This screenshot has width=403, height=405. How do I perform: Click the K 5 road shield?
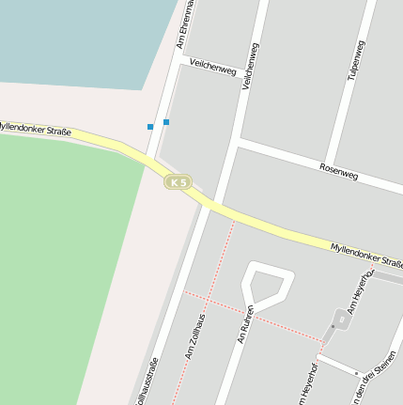(177, 180)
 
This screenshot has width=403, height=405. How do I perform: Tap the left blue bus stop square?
(149, 126)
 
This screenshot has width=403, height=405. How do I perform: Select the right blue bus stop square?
(166, 121)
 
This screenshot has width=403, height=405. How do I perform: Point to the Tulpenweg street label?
(355, 59)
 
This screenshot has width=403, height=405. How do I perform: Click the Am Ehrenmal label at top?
(185, 23)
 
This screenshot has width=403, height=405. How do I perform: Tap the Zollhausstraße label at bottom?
(148, 383)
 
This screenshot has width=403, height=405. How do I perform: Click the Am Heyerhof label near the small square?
(362, 290)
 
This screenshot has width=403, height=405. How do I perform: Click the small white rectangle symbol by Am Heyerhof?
(340, 319)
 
